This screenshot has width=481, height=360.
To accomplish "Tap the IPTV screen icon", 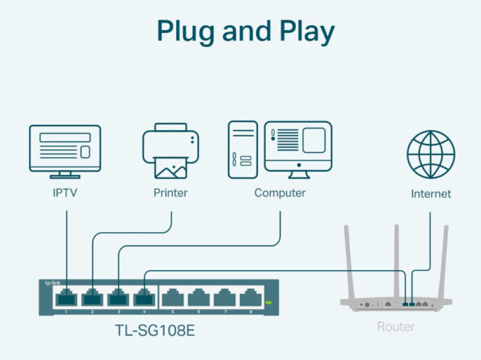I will tap(65, 150).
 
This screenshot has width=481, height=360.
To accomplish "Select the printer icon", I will tap(171, 152).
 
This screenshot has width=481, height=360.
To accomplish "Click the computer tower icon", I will tap(243, 147).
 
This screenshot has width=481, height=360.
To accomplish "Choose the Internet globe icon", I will tap(430, 154).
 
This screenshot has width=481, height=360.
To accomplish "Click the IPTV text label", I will tap(65, 193).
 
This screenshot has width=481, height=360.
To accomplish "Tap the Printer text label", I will tap(171, 193).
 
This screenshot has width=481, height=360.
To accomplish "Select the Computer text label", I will tap(280, 193).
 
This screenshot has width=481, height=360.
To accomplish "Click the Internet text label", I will tap(430, 194).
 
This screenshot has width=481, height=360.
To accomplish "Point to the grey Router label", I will tap(396, 327).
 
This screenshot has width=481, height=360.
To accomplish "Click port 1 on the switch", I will tap(65, 298).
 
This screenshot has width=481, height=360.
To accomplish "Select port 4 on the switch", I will tap(144, 298).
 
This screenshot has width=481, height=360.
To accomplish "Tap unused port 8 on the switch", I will tap(251, 299).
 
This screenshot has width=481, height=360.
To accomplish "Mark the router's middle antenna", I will tap(396, 259).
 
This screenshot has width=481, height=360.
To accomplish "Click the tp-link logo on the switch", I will tap(53, 282).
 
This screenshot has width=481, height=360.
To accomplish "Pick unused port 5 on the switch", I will tap(172, 299).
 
